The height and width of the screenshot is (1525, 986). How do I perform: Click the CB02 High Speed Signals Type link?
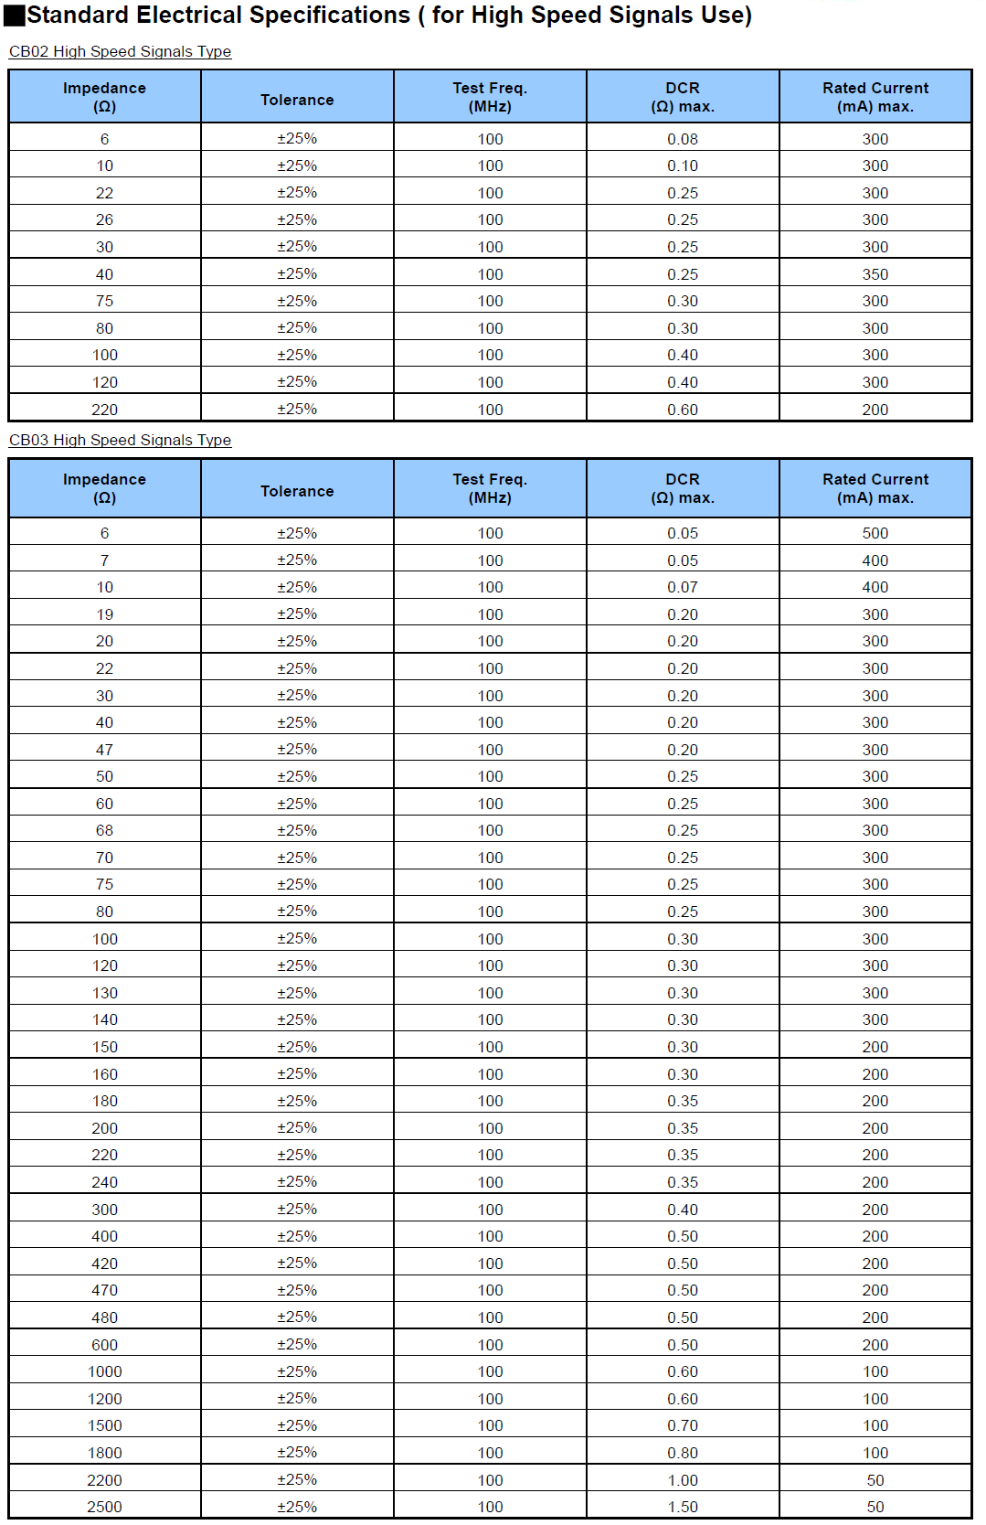(120, 51)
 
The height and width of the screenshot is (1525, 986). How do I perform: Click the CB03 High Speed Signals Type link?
(120, 440)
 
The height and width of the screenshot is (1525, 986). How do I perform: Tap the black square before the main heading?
(15, 16)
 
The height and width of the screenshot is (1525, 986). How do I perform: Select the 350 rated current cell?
(875, 274)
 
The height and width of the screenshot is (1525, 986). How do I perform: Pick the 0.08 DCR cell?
(682, 139)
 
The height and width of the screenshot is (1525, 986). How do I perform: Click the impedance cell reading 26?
(104, 219)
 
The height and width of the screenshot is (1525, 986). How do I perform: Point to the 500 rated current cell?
(875, 533)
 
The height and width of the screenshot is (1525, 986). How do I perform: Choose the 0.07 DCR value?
(682, 587)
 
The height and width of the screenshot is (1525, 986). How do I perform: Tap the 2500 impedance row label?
(104, 1507)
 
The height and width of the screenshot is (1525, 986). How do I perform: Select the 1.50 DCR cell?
(682, 1507)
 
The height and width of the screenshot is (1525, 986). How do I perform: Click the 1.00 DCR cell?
(682, 1480)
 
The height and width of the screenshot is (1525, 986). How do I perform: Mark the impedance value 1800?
(104, 1453)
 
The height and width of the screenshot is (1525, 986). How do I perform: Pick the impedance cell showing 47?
(104, 750)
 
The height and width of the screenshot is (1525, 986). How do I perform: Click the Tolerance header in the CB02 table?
(297, 100)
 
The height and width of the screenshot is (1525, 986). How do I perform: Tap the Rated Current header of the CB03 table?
(875, 488)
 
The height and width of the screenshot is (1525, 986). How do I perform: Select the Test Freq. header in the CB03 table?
(490, 488)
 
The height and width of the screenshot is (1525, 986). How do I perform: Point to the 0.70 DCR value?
(682, 1425)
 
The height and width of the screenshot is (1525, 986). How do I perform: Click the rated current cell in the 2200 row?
(875, 1480)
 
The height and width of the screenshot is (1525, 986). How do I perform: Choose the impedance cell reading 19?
(104, 614)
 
